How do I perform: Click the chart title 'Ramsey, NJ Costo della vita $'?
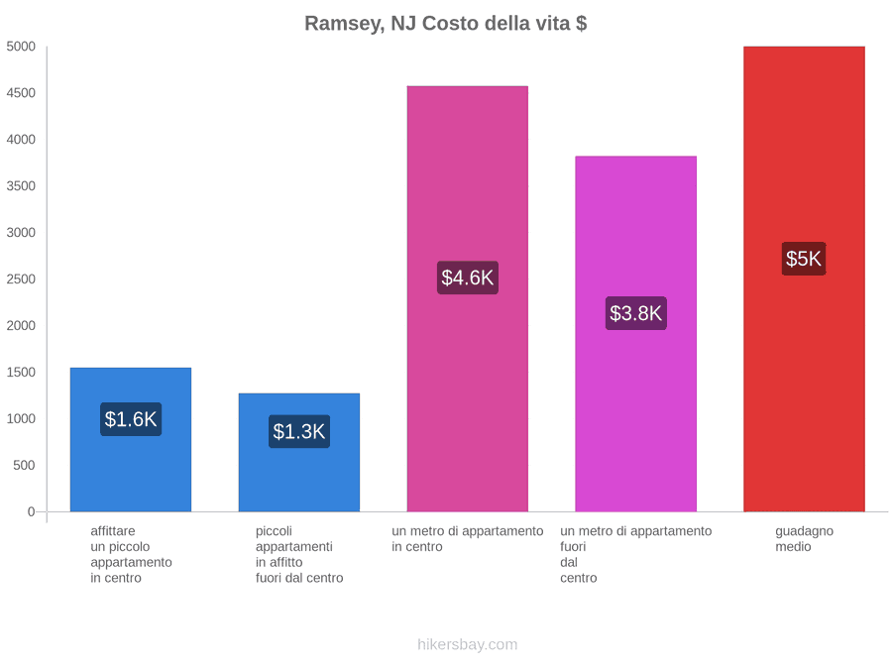tap(445, 24)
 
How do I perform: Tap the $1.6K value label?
tap(131, 419)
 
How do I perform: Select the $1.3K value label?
tap(299, 431)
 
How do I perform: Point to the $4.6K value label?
tap(468, 278)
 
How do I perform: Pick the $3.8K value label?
tap(636, 313)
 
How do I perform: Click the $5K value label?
tap(804, 259)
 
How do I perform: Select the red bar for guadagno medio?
tap(805, 279)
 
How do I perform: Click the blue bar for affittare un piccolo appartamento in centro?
tap(131, 440)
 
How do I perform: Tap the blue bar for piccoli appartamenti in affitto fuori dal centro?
tap(299, 452)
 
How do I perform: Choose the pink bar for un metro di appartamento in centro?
tap(468, 298)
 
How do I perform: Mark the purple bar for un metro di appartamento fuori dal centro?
tap(636, 334)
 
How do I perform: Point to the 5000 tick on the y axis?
tap(21, 46)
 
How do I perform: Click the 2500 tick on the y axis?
tap(21, 279)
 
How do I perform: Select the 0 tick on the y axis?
tap(32, 511)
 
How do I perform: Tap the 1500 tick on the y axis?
tap(21, 372)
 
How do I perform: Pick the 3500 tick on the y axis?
tap(21, 186)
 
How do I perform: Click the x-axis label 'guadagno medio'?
tap(804, 539)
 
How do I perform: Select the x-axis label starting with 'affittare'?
tap(131, 555)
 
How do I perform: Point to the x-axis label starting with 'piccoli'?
tap(299, 555)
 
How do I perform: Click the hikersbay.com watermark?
tap(468, 644)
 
